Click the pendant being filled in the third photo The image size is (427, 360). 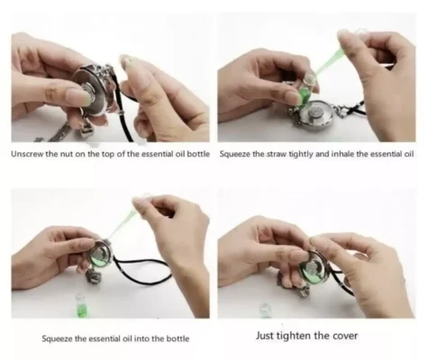point(101,256)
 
